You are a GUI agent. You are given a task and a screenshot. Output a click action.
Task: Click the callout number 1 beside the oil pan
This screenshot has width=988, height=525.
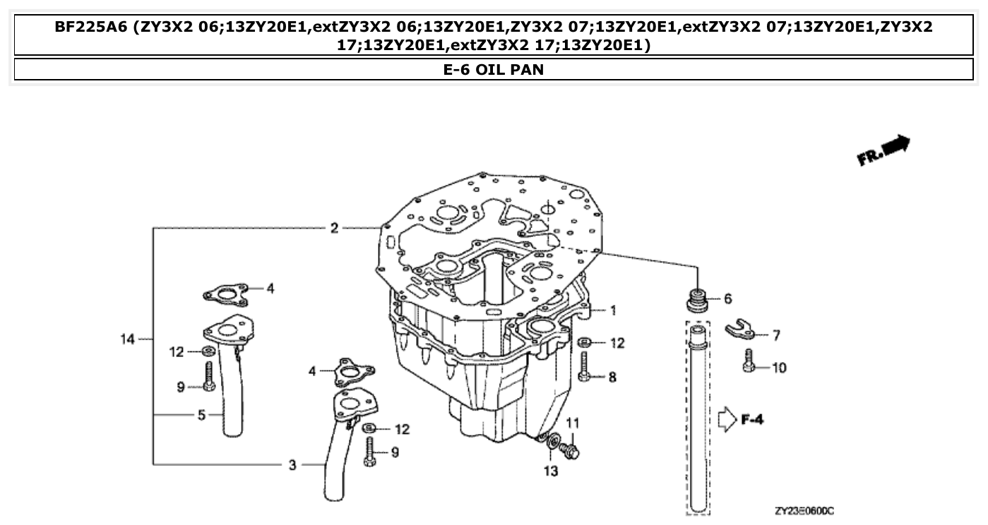click(613, 310)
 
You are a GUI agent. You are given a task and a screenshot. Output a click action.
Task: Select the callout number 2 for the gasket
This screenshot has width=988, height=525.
click(334, 228)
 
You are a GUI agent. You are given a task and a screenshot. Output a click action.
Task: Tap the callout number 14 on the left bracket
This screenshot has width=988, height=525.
click(127, 339)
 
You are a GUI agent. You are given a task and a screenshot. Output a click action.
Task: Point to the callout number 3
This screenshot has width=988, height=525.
click(292, 465)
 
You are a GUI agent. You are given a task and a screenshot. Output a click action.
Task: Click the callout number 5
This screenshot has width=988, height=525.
click(201, 416)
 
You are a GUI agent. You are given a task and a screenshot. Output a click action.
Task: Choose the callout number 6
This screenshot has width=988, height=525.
click(727, 299)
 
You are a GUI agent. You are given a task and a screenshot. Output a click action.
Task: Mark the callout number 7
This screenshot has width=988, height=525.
click(776, 335)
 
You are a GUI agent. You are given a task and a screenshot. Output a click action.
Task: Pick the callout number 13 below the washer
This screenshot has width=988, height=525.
click(551, 471)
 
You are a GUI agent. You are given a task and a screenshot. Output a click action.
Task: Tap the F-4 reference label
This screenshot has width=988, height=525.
click(752, 421)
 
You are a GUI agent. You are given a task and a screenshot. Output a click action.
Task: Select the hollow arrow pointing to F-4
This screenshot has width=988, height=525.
click(726, 421)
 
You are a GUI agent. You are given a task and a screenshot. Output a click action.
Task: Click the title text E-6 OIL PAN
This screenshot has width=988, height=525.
click(494, 70)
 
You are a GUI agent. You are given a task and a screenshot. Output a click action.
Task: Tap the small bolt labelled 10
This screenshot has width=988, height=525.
click(751, 361)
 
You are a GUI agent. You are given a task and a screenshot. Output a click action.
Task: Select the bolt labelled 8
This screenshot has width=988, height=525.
click(583, 368)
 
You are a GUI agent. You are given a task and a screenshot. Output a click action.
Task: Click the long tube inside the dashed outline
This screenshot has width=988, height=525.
click(698, 416)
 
